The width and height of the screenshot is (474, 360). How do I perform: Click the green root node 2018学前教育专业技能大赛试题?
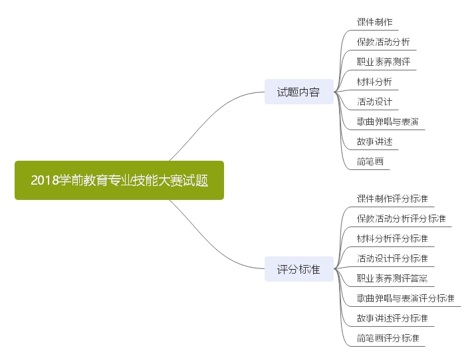pyautogui.click(x=119, y=180)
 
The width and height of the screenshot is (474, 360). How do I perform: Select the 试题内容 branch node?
pyautogui.click(x=298, y=92)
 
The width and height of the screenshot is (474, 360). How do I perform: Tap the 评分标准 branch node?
pyautogui.click(x=298, y=270)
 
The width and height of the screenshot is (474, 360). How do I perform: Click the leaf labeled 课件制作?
pyautogui.click(x=374, y=22)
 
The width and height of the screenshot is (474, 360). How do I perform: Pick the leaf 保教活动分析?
pyautogui.click(x=383, y=42)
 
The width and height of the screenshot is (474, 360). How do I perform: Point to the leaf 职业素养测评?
pyautogui.click(x=383, y=62)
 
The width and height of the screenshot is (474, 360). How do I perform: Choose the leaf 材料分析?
pyautogui.click(x=374, y=82)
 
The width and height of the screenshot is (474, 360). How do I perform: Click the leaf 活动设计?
pyautogui.click(x=374, y=102)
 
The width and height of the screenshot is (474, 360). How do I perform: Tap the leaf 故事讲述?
pyautogui.click(x=374, y=141)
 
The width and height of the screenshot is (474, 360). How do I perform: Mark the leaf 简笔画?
pyautogui.click(x=370, y=161)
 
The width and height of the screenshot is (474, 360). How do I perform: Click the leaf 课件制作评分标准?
pyautogui.click(x=392, y=199)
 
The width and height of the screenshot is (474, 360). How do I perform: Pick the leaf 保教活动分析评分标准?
pyautogui.click(x=401, y=219)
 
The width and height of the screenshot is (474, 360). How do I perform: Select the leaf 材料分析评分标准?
pyautogui.click(x=392, y=238)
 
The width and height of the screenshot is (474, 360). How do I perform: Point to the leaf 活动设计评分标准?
pyautogui.click(x=392, y=258)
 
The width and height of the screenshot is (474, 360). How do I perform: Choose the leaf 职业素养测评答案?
pyautogui.click(x=392, y=278)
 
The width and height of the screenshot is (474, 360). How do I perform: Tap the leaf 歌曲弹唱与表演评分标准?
pyautogui.click(x=406, y=298)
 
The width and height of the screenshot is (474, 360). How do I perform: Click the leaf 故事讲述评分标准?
pyautogui.click(x=392, y=318)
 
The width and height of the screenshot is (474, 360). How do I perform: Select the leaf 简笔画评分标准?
pyautogui.click(x=388, y=338)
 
